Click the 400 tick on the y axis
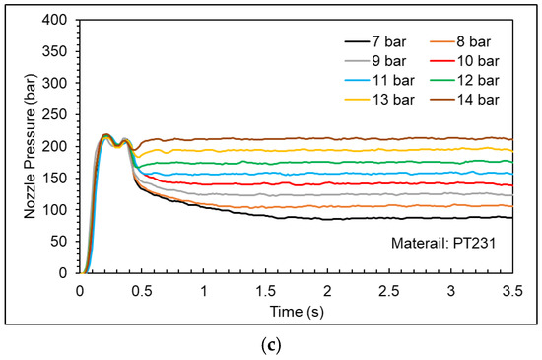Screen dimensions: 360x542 pos(58,20)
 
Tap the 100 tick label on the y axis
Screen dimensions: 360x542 pos(58,209)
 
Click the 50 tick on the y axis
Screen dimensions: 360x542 pos(61,241)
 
